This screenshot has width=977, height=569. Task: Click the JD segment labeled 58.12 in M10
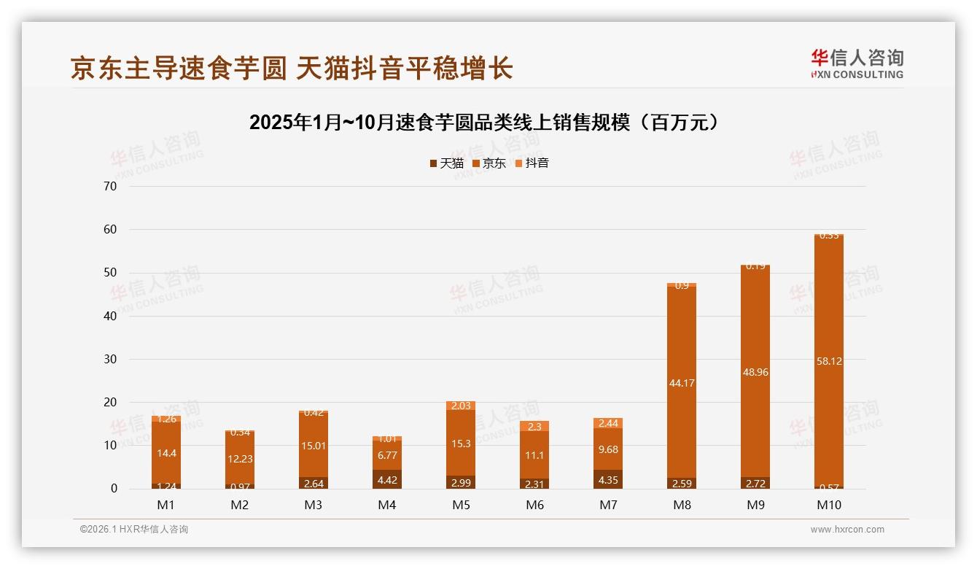pos(828,361)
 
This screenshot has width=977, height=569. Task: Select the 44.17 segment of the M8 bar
pos(681,382)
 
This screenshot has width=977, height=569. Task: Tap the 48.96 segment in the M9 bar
pos(755,372)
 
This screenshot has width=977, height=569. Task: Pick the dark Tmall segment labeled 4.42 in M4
pos(387,479)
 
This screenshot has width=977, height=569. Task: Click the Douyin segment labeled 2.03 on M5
pos(461,406)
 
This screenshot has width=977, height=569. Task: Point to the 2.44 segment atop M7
pos(607,423)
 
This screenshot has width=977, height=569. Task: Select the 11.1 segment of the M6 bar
pos(534,454)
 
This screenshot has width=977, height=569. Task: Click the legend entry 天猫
pos(446,163)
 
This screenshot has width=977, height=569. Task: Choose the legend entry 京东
pos(488,163)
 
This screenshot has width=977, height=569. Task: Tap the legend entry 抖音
pos(532,163)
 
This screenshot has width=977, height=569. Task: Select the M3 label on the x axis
pos(314,505)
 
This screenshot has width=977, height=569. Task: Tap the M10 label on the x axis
pos(828,505)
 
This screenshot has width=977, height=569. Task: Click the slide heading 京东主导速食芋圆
pos(292,68)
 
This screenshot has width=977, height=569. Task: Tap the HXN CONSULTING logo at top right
pos(857,63)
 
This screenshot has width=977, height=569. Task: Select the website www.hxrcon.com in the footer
pos(847,530)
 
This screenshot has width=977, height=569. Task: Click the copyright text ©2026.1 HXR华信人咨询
pos(134,530)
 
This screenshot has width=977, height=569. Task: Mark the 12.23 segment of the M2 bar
pos(240,459)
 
